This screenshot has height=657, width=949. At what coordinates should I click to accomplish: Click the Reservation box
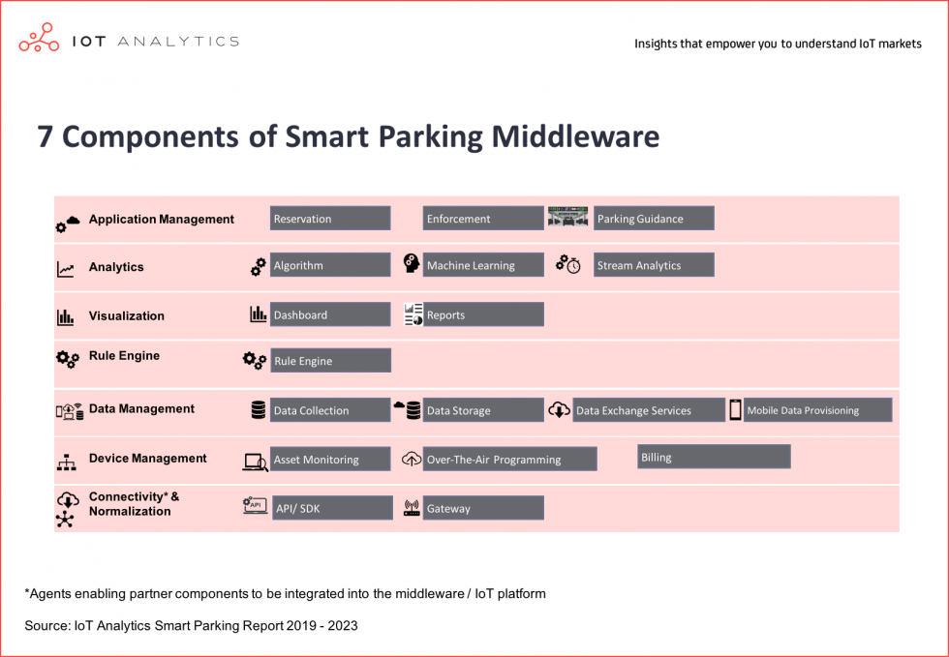(x=330, y=219)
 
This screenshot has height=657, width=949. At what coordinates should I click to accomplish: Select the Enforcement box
(x=483, y=219)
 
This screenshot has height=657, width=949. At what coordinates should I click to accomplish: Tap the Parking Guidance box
(x=654, y=219)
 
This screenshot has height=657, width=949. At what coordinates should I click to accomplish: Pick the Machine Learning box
(x=483, y=265)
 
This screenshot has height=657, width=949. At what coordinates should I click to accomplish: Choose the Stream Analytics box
(x=654, y=265)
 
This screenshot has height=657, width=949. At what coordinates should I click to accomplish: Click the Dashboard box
(x=330, y=314)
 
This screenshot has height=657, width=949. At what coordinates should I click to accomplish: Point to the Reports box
(x=483, y=314)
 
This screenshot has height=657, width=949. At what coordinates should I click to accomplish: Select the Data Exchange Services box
(x=649, y=410)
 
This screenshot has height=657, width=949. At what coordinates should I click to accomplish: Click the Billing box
(x=715, y=457)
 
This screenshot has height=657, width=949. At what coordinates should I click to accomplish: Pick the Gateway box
(x=483, y=508)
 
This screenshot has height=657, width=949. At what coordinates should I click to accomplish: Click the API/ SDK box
(x=330, y=508)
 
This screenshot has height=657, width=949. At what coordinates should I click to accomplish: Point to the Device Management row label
(x=147, y=459)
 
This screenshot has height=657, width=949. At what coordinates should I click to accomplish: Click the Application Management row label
(x=161, y=220)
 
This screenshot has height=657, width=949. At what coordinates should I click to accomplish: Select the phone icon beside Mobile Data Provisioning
(x=736, y=410)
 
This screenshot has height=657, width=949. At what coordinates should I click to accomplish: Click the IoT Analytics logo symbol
(x=40, y=39)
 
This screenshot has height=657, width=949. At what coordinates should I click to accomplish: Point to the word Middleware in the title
(x=575, y=136)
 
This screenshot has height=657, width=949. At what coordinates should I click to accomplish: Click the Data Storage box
(x=483, y=410)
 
